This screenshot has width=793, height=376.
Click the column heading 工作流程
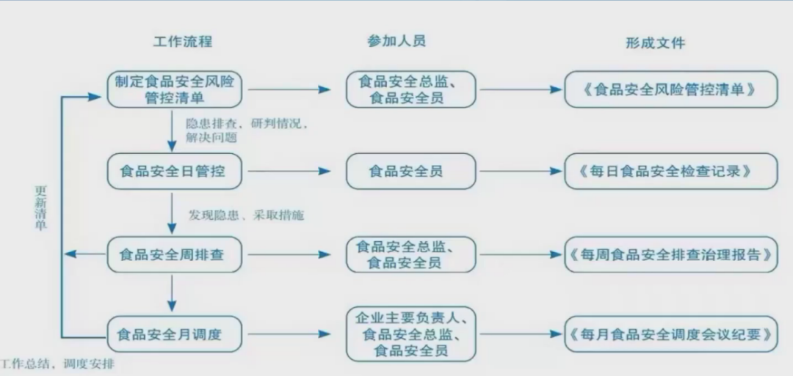[x=182, y=41]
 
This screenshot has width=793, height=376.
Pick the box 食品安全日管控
[x=174, y=172]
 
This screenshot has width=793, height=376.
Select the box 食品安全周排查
[x=174, y=254]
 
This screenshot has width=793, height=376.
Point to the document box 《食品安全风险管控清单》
[x=670, y=89]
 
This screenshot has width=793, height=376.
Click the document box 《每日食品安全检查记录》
[x=670, y=172]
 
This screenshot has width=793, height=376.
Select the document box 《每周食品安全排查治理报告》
[x=670, y=254]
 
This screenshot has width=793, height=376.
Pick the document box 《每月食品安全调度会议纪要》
[x=670, y=335]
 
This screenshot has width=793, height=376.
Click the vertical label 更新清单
[x=41, y=207]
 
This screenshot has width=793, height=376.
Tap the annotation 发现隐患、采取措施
[x=246, y=215]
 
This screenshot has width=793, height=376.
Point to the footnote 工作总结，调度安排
[x=57, y=364]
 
